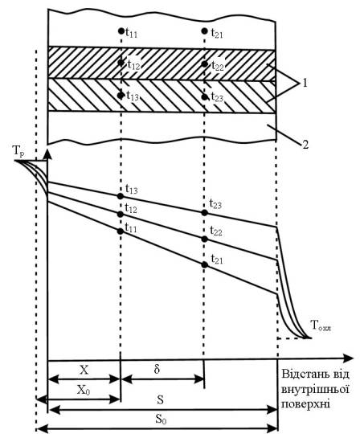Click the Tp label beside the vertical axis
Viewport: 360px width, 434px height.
point(18,152)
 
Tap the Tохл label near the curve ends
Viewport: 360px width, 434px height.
point(321,325)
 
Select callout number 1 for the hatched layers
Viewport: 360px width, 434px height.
point(305,83)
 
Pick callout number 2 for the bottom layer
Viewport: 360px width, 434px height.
point(305,145)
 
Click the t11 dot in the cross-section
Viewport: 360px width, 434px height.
point(121,31)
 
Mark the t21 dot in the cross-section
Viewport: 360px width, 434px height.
point(204,31)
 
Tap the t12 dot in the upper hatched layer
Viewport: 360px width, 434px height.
point(121,63)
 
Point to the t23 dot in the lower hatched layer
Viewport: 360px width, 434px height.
point(204,97)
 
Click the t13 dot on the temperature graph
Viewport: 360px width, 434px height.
point(120,196)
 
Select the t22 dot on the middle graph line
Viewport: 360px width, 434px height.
point(204,240)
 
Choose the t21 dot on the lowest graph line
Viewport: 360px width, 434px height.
point(204,265)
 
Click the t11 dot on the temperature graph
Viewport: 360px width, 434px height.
point(120,231)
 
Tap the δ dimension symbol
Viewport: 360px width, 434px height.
point(157,369)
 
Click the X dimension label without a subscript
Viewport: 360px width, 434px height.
point(84,370)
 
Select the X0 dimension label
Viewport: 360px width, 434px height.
point(84,390)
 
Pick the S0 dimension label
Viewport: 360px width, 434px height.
point(161,420)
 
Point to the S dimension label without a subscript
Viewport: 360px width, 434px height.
point(160,400)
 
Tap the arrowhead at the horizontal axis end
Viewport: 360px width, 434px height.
point(348,358)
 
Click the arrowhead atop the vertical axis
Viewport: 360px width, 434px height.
point(48,154)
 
